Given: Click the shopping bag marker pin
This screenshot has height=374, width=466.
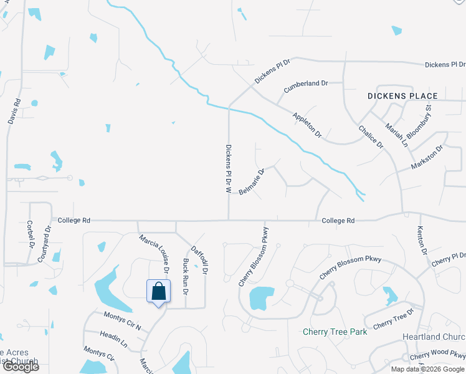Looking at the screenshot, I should click(x=158, y=291).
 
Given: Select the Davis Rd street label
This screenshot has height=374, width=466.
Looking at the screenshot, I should click(x=14, y=111).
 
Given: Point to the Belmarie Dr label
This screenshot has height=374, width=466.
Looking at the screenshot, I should click(x=252, y=181).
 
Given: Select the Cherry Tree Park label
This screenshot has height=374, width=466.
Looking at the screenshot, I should click(x=335, y=332).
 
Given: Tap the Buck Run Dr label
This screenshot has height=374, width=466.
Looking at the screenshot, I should click(x=186, y=277).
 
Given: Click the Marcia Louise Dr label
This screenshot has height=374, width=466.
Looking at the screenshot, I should click(x=155, y=253).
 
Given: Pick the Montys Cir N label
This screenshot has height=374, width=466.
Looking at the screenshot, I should click(x=122, y=321).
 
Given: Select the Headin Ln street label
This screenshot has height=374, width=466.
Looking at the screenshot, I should click(x=114, y=340).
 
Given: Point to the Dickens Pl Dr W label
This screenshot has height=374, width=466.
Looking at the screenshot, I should click(x=229, y=168).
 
